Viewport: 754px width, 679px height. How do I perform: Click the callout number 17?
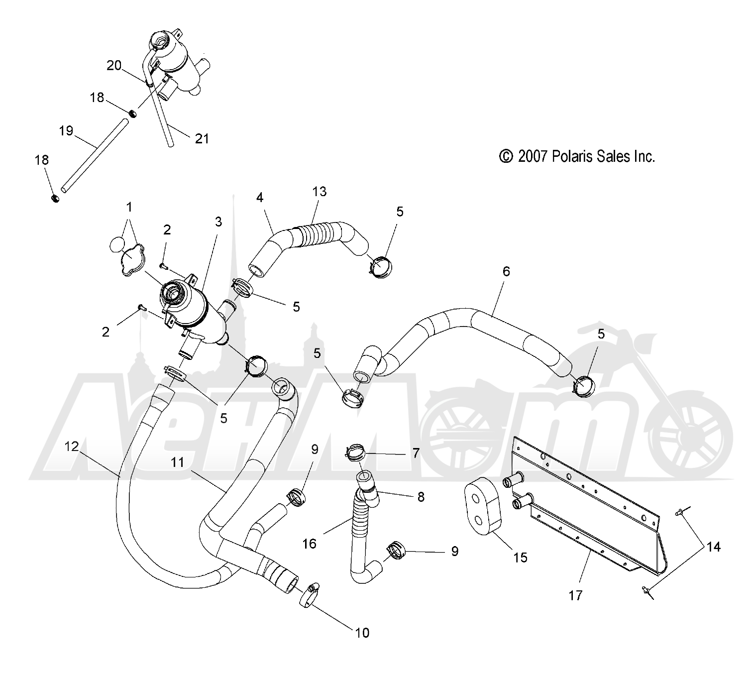click(x=575, y=595)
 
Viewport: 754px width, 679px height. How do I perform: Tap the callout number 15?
click(x=521, y=557)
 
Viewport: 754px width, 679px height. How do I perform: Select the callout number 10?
click(x=362, y=633)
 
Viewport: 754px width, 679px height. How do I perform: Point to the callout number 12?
click(x=71, y=446)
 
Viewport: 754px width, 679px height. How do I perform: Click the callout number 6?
click(x=506, y=271)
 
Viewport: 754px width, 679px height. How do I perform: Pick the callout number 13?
click(x=320, y=191)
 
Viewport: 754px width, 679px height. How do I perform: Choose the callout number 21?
click(x=202, y=139)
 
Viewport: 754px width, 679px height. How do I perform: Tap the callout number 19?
click(x=66, y=131)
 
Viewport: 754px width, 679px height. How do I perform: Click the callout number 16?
click(x=310, y=543)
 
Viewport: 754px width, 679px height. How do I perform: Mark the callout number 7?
click(x=416, y=453)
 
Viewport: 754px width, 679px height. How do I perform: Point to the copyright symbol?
click(x=506, y=156)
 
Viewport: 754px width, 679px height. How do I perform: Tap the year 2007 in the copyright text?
click(x=533, y=156)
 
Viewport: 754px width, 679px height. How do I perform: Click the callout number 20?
click(x=114, y=65)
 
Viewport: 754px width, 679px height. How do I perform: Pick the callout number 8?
click(x=421, y=497)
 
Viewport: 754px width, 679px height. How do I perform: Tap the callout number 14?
click(x=714, y=547)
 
